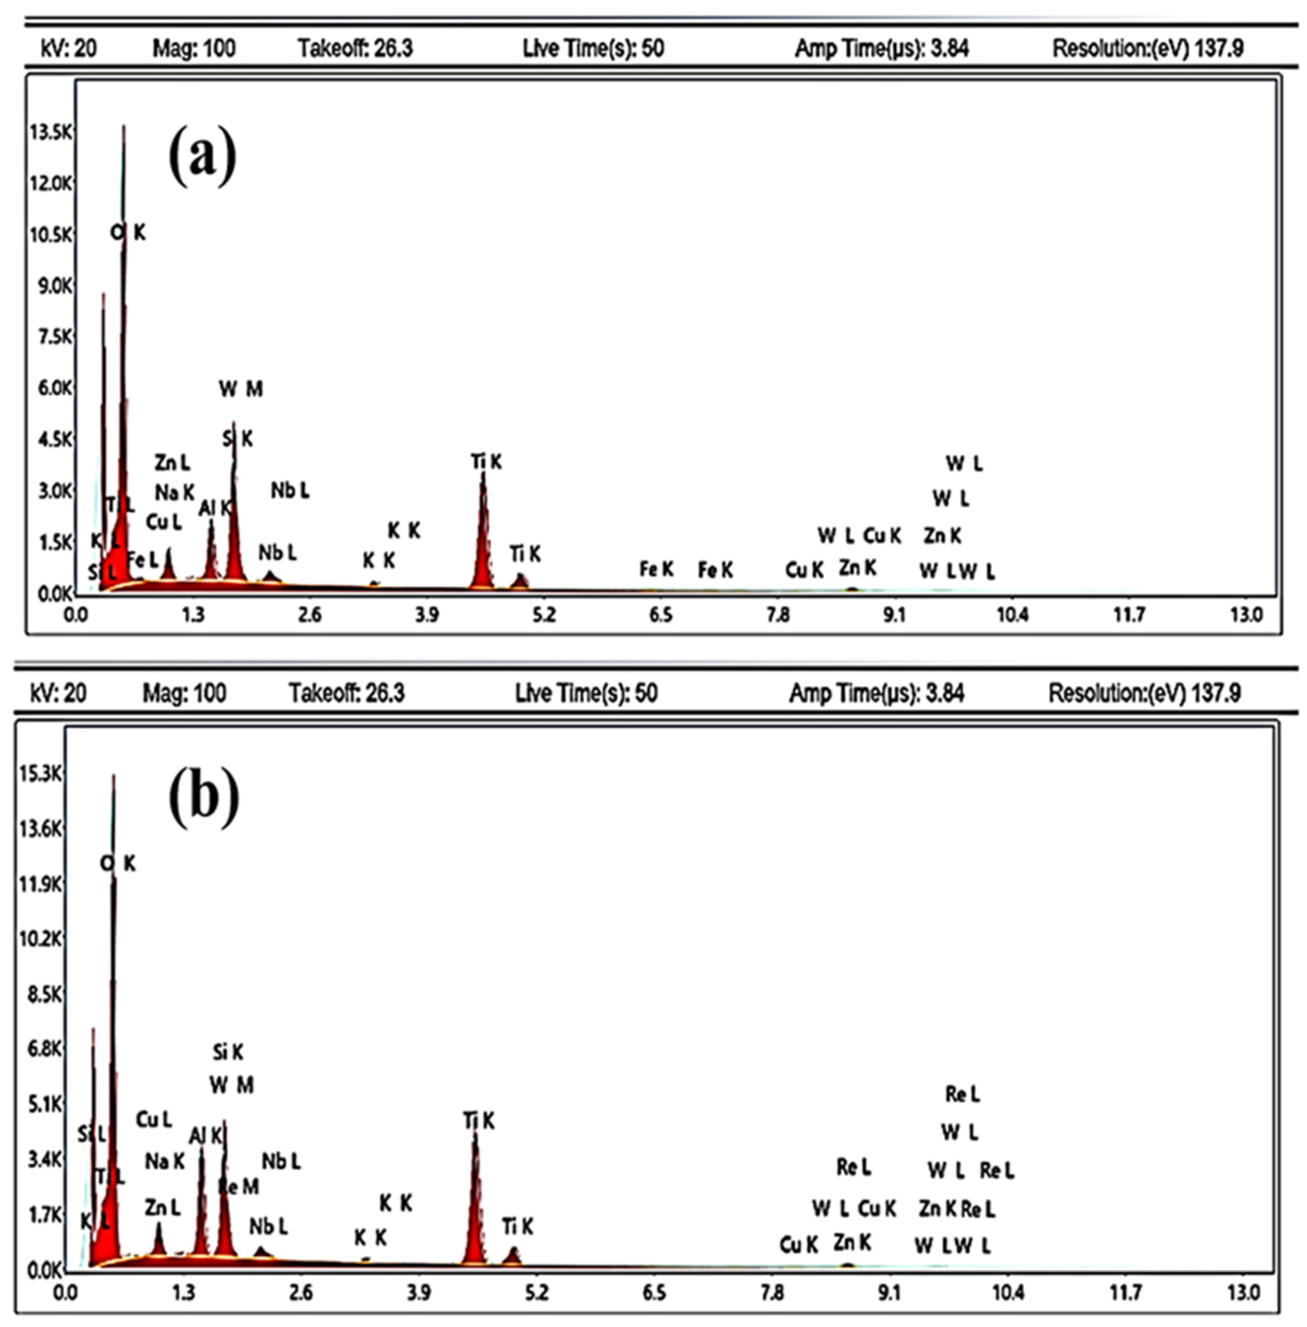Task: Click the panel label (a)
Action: click(202, 157)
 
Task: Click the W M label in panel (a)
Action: click(241, 389)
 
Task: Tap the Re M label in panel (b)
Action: click(238, 1186)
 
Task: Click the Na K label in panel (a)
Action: click(174, 492)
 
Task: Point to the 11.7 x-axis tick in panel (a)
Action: click(1129, 615)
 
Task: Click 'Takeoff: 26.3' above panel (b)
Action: click(347, 693)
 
